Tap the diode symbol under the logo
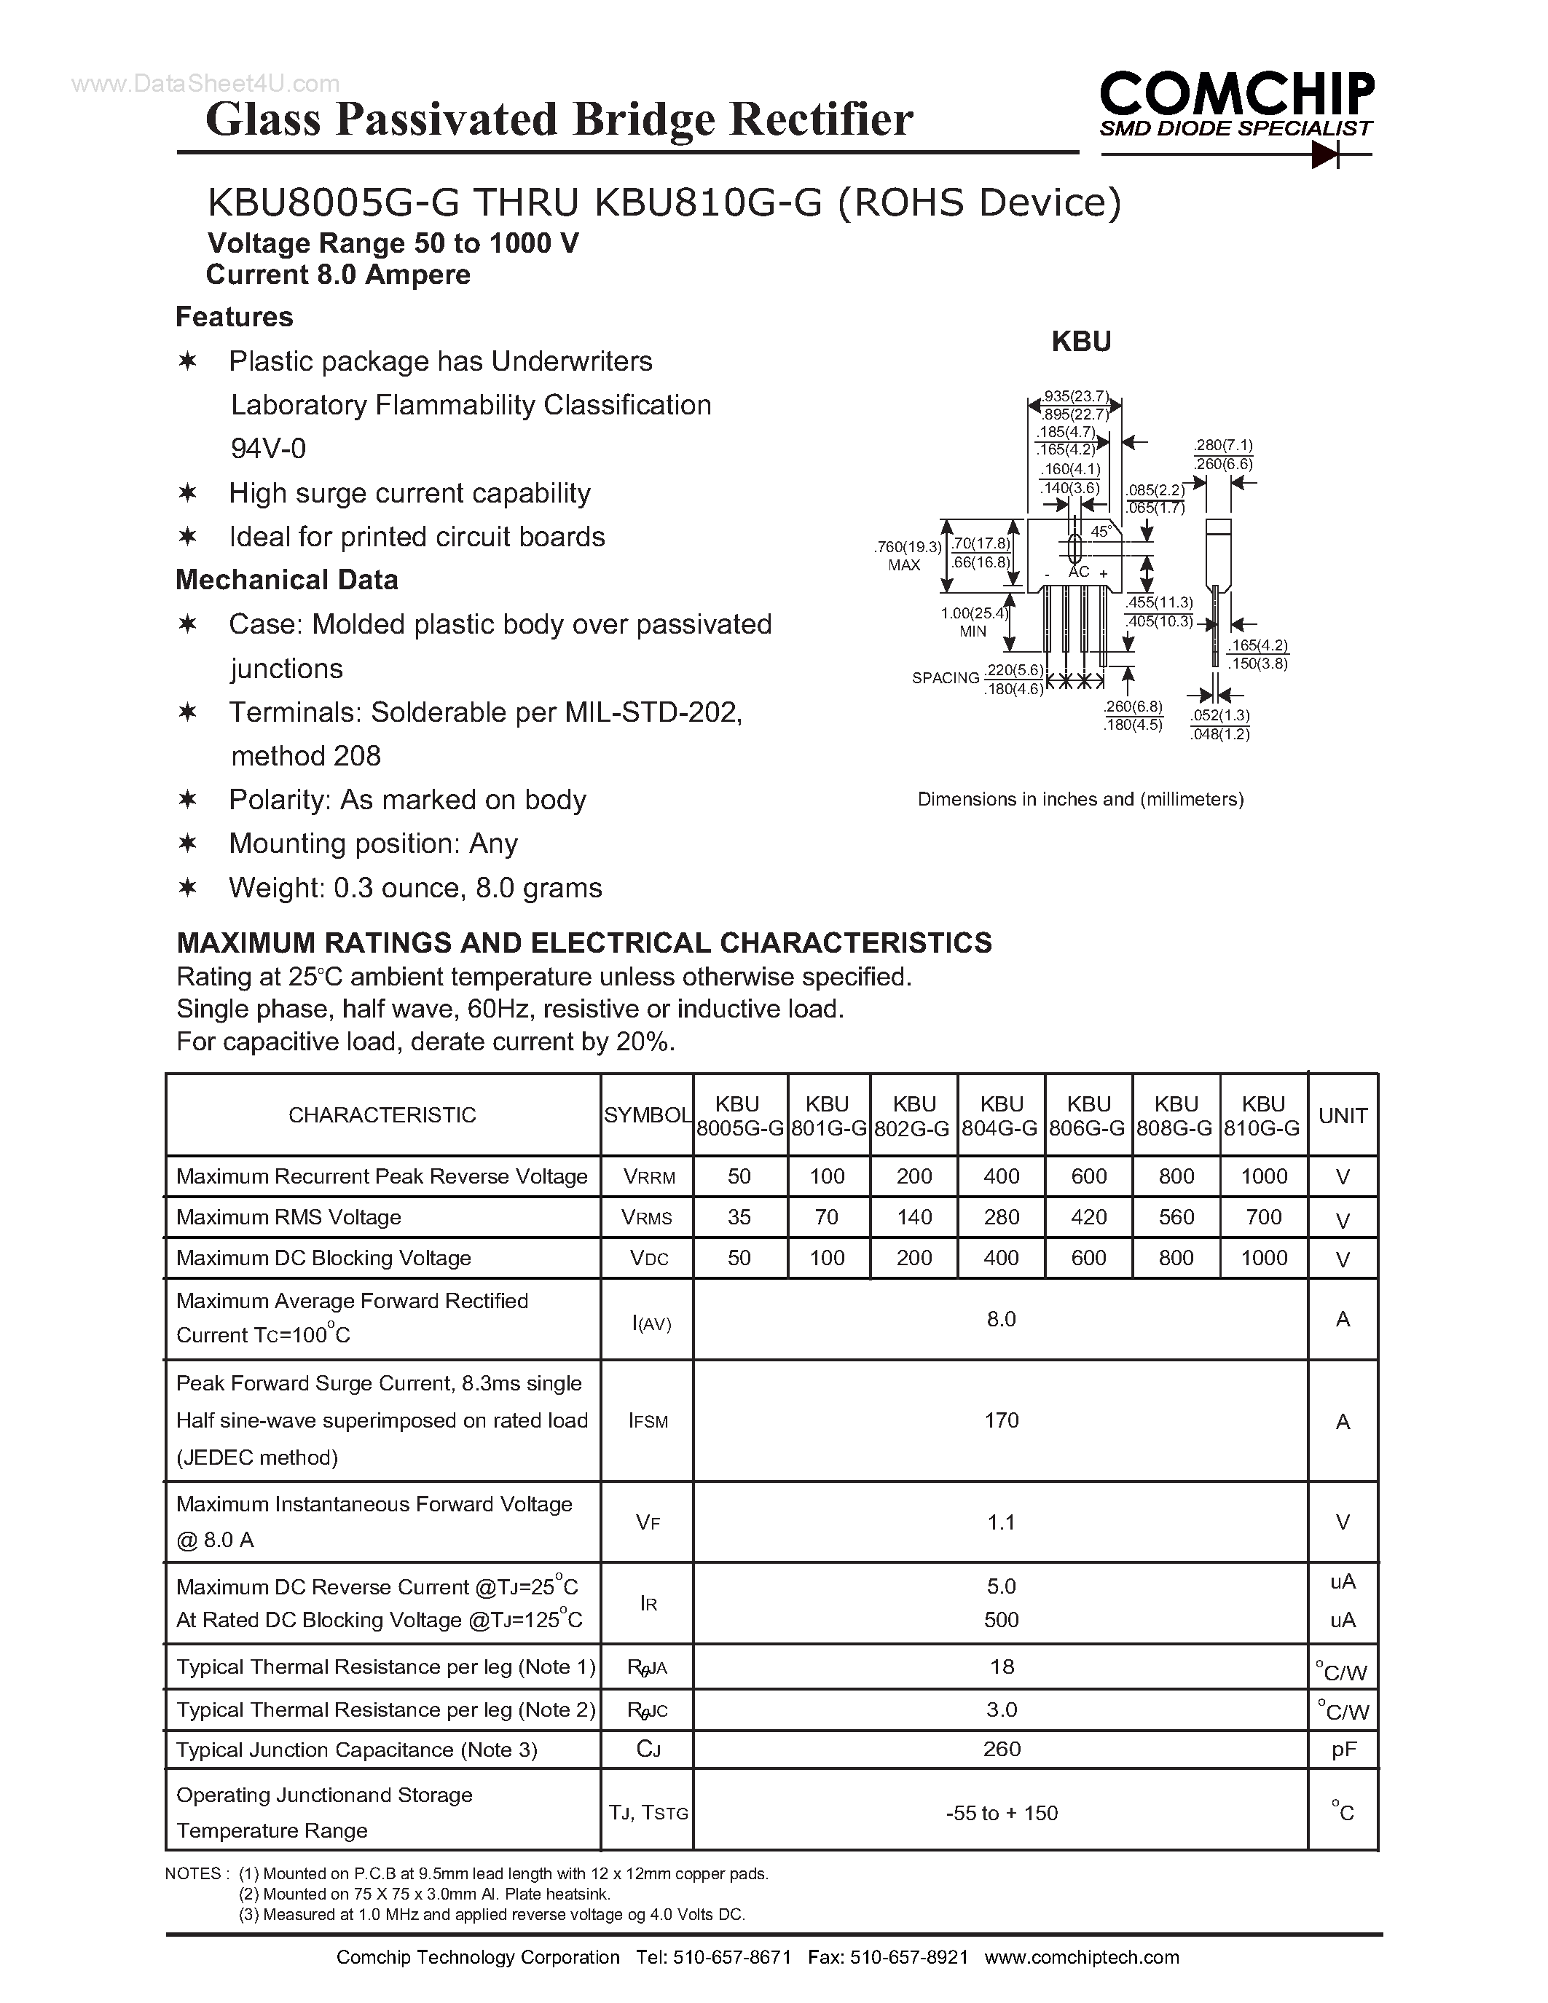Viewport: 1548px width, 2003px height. tap(1325, 155)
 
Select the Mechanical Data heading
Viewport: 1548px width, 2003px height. tap(286, 580)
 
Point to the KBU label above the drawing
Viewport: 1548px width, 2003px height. tap(1081, 341)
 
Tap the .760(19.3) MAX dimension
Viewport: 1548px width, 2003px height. tap(908, 555)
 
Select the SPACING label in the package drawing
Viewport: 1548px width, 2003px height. tap(946, 678)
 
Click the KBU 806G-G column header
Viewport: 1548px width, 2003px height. tap(1088, 1115)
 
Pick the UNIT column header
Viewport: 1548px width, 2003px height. tap(1343, 1115)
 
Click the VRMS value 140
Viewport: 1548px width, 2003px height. tap(914, 1217)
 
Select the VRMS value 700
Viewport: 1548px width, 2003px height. tap(1264, 1217)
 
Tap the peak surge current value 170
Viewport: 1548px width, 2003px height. tap(1002, 1420)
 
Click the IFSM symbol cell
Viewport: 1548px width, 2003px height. tap(648, 1420)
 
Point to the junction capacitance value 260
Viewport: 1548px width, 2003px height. tap(1002, 1749)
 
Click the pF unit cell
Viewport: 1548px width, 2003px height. tap(1343, 1750)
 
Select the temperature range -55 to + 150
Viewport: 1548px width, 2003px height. tap(1002, 1813)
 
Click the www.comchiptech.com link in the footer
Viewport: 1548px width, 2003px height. tap(1081, 1957)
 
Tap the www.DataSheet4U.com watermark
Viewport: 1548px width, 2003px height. tap(205, 84)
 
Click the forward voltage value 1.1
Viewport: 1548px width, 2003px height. tap(1002, 1522)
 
